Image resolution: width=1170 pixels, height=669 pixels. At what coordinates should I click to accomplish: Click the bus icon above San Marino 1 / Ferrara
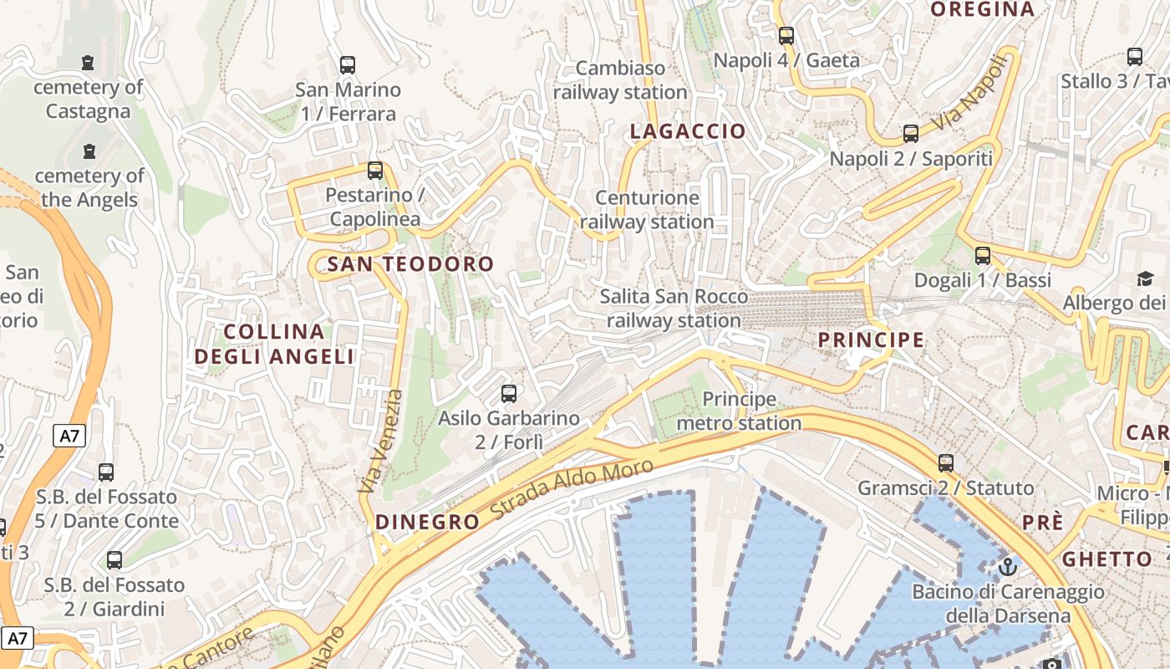click(348, 64)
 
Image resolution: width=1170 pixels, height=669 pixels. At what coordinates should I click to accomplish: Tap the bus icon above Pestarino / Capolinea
click(375, 171)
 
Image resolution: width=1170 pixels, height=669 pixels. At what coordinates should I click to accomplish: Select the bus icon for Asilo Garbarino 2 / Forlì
click(508, 393)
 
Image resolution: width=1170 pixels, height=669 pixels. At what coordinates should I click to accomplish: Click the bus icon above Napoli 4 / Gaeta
click(786, 35)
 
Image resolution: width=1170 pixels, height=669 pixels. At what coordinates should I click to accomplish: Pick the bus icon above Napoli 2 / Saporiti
click(911, 133)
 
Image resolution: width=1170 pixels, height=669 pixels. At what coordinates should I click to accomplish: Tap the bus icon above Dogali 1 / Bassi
click(983, 255)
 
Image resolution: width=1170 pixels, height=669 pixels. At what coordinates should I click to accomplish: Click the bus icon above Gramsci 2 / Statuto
click(946, 462)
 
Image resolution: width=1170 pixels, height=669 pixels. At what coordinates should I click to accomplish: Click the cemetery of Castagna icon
click(88, 62)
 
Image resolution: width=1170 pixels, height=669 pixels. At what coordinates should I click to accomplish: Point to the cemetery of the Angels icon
click(89, 151)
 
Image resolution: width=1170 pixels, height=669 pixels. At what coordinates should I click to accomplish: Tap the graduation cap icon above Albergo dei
click(1144, 278)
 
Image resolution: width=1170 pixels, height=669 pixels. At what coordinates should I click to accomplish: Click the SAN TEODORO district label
click(410, 264)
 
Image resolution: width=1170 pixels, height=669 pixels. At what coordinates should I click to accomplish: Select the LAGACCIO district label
click(687, 131)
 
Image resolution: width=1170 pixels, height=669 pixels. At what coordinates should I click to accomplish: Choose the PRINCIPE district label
click(871, 340)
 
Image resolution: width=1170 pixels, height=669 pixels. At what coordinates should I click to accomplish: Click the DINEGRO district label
click(427, 522)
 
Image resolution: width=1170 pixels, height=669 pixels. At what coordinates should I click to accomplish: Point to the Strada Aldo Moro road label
click(572, 489)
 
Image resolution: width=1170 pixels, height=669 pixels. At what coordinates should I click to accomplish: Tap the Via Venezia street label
click(380, 441)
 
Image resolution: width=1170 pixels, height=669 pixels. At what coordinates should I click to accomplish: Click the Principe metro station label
click(739, 411)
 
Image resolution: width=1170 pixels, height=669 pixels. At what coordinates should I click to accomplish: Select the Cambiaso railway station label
click(620, 79)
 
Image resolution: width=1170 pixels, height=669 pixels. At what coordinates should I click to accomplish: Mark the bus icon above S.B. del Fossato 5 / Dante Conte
click(106, 472)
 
